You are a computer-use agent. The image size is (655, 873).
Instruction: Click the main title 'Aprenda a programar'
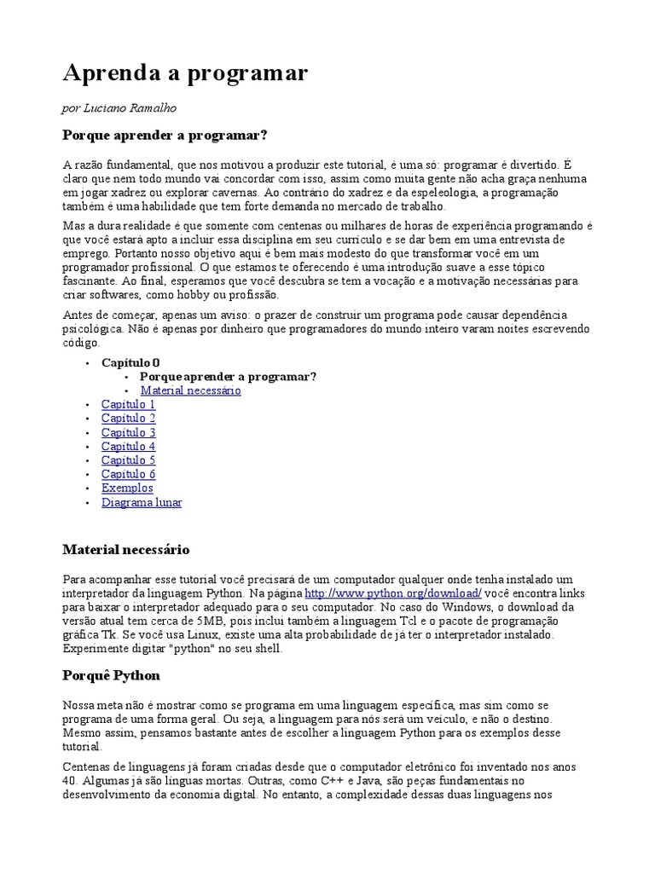pyautogui.click(x=185, y=74)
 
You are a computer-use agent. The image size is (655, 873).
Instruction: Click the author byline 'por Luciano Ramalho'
pyautogui.click(x=119, y=107)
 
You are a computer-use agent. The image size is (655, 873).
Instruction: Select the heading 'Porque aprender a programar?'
pyautogui.click(x=165, y=136)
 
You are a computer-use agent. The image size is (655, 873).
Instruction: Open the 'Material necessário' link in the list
pyautogui.click(x=190, y=390)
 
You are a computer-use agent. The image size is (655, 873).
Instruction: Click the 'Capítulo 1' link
pyautogui.click(x=128, y=404)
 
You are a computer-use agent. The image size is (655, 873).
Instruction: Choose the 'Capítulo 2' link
pyautogui.click(x=128, y=419)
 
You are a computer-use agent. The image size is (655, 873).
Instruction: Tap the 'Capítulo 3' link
pyautogui.click(x=128, y=432)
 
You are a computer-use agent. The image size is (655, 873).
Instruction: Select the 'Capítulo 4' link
pyautogui.click(x=128, y=446)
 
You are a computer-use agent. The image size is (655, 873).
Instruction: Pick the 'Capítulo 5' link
pyautogui.click(x=128, y=460)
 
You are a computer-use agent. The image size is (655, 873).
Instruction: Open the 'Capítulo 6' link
pyautogui.click(x=128, y=474)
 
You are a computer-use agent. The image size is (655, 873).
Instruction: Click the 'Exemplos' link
pyautogui.click(x=127, y=488)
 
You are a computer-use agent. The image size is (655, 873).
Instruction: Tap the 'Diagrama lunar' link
pyautogui.click(x=141, y=502)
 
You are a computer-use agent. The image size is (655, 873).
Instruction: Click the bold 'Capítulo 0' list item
pyautogui.click(x=130, y=362)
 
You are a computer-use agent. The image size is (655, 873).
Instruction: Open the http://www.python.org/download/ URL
pyautogui.click(x=393, y=593)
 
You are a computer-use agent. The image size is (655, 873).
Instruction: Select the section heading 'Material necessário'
pyautogui.click(x=126, y=550)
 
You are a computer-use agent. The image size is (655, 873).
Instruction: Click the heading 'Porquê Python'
pyautogui.click(x=112, y=675)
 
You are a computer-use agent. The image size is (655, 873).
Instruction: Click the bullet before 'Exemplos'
pyautogui.click(x=88, y=489)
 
